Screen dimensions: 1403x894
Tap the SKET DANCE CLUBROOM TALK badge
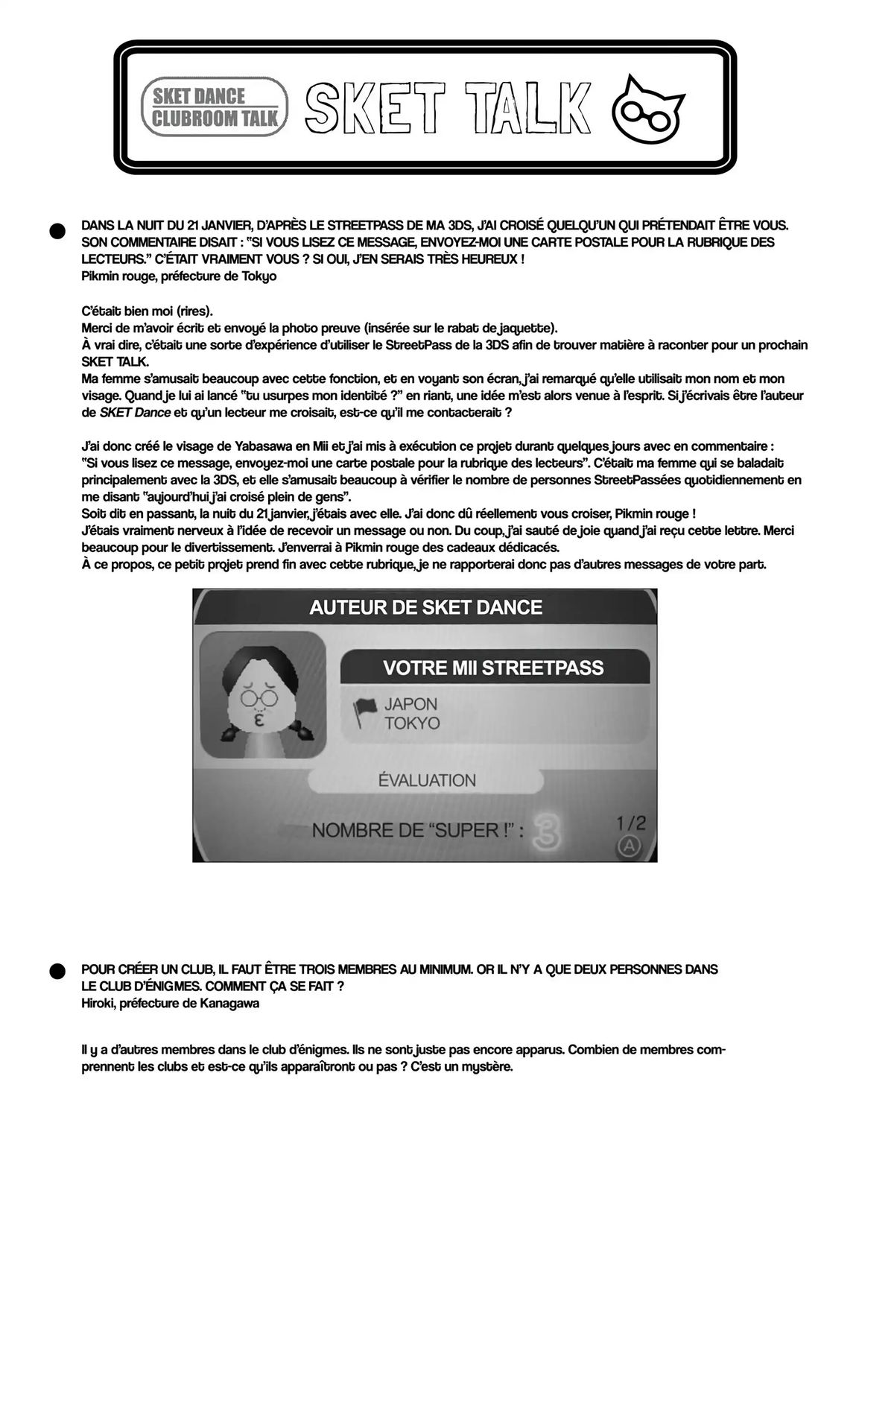click(x=215, y=107)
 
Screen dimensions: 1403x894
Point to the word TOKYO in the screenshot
click(x=412, y=723)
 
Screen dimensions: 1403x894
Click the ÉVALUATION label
click(x=427, y=780)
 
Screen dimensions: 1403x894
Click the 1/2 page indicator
click(x=631, y=823)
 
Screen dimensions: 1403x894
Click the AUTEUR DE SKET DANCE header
click(x=425, y=607)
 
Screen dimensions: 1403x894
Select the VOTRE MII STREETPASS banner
click(x=493, y=667)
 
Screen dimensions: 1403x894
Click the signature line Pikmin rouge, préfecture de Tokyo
click(x=179, y=276)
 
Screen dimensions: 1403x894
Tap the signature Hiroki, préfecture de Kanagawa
click(x=170, y=1003)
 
